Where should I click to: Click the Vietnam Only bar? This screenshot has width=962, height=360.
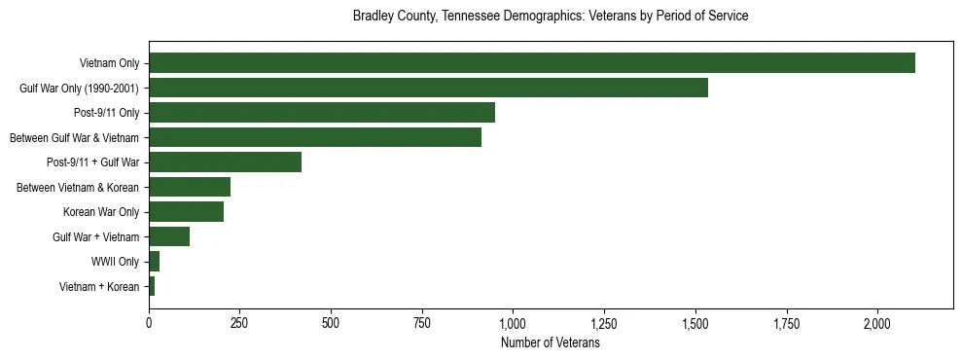coord(531,63)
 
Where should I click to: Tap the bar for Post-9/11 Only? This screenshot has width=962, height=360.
coord(322,113)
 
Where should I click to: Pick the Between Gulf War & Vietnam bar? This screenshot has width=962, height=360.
coord(315,137)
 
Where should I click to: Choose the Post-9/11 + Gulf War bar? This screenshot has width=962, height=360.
coord(225,162)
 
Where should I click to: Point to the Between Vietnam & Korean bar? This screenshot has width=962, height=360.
coord(190,187)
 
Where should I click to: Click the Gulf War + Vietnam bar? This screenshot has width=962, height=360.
coord(169,236)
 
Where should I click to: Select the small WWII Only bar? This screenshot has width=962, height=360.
coord(154,261)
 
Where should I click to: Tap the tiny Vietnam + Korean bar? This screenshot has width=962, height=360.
coord(152,286)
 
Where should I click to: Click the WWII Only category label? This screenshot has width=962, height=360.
coord(115,262)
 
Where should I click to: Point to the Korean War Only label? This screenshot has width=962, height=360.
coord(101,212)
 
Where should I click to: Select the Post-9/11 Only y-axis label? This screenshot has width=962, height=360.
coord(106,113)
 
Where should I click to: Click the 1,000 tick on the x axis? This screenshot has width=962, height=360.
coord(513,323)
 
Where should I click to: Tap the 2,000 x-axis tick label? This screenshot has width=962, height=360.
coord(877,323)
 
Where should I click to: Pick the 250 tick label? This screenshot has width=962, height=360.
coord(239,323)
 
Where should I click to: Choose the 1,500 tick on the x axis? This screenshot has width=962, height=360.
coord(695,323)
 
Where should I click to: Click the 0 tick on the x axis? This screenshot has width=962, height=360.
coord(149,323)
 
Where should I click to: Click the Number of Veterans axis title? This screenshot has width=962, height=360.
coord(550,342)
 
